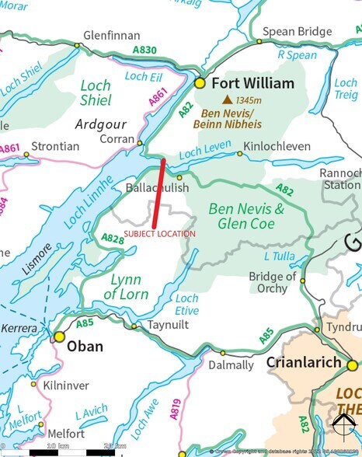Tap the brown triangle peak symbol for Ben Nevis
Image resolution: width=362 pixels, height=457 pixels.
[227, 100]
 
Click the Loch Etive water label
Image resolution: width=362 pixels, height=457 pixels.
[186, 304]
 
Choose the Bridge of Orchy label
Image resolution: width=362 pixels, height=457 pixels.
[272, 282]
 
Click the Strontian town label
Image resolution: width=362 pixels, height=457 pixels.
[54, 145]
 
